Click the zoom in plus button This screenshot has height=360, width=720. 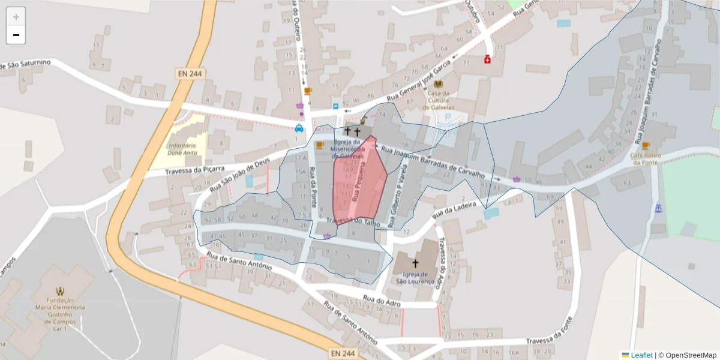pyautogui.click(x=16, y=16)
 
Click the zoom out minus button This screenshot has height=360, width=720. pyautogui.click(x=16, y=35)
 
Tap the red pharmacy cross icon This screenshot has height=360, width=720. pyautogui.click(x=487, y=59)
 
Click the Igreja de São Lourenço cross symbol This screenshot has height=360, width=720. pyautogui.click(x=415, y=263)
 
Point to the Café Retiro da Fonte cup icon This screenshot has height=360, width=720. pyautogui.click(x=646, y=146)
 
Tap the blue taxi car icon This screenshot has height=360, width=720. pyautogui.click(x=299, y=128)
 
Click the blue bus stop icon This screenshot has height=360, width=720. pyautogui.click(x=335, y=106)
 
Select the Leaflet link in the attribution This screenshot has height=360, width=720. pyautogui.click(x=641, y=355)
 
